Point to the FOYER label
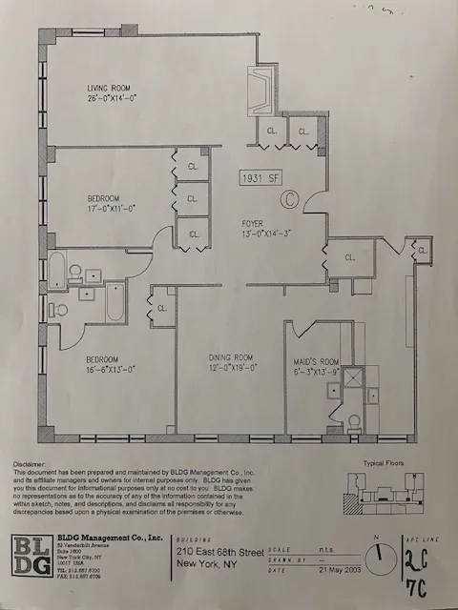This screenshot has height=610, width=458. coord(253,222)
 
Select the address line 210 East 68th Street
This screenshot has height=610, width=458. coord(227,550)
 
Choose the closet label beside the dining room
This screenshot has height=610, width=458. coord(162,308)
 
